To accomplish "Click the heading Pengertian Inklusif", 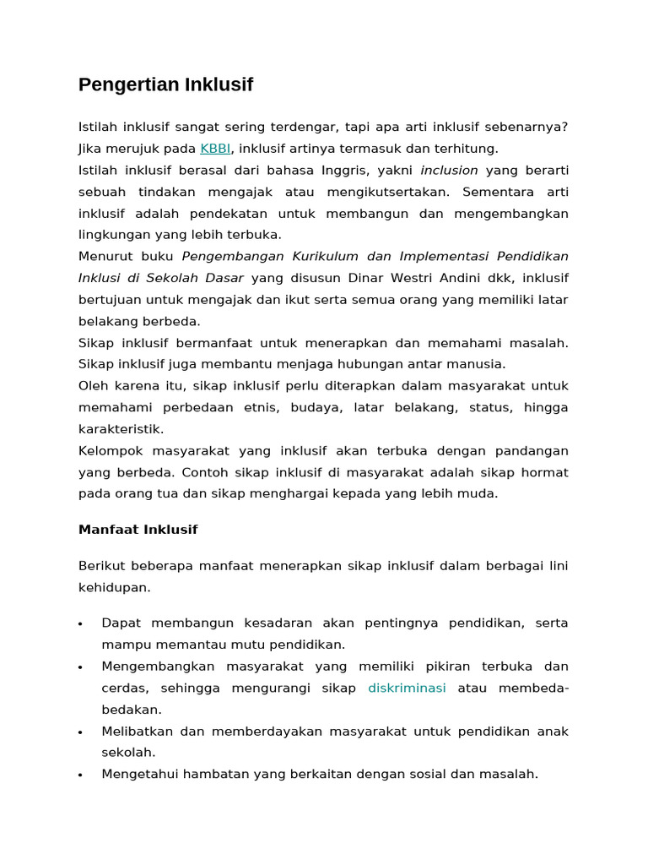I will [165, 84].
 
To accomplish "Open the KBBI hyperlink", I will [215, 149].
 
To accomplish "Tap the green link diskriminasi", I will [407, 688].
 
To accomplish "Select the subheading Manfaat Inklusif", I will [138, 530].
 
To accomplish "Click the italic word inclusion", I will [449, 170].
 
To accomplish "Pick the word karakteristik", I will [120, 429].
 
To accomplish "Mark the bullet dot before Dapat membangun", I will [80, 624].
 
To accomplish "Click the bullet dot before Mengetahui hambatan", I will [80, 775].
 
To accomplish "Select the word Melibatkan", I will [134, 731].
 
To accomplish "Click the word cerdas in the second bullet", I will [123, 688].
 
